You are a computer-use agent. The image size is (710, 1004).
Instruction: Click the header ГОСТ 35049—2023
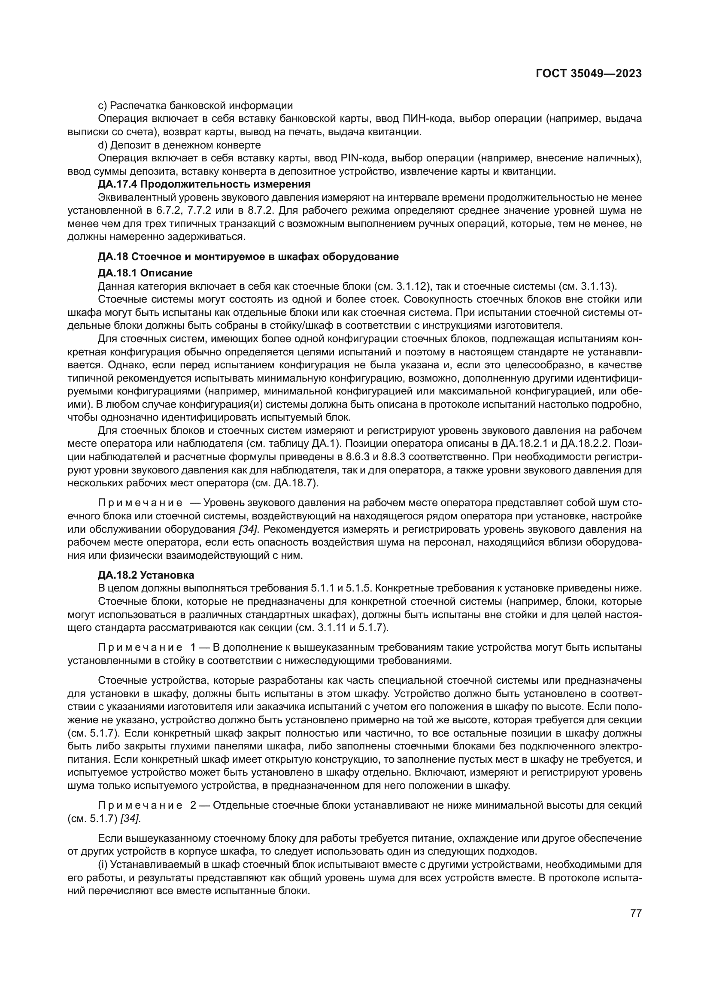pos(589,74)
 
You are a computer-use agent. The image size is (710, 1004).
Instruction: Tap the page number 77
pos(636,913)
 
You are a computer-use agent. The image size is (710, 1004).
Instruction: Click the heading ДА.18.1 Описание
pos(145,273)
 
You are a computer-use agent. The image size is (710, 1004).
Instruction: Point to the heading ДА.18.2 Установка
pos(146,575)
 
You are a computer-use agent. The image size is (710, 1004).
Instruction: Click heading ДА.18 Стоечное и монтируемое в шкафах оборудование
pos(248,257)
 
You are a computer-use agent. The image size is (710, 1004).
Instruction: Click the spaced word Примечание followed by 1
pos(140,647)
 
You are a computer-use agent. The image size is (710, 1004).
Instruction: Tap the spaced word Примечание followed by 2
pos(140,805)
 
